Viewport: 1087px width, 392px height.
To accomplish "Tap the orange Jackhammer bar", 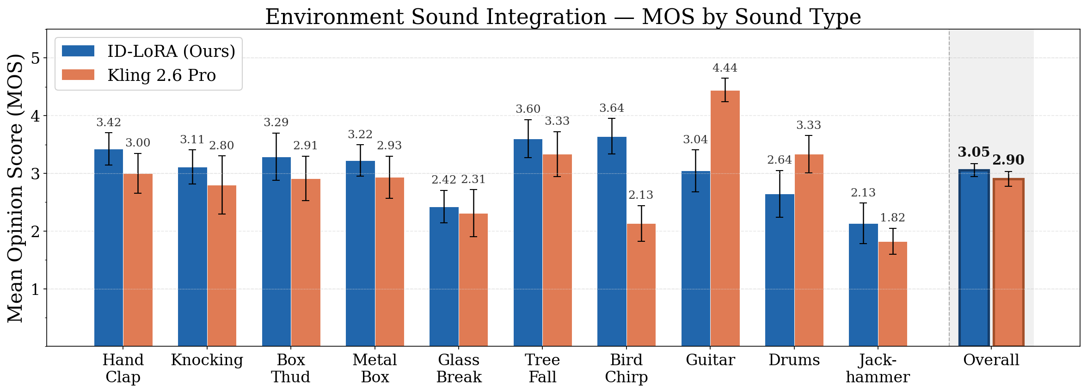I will (x=892, y=294).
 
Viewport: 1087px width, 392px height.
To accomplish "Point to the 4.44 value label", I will (x=725, y=68).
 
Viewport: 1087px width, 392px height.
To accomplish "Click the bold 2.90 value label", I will (x=1008, y=160).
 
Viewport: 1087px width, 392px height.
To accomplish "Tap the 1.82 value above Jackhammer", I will (x=892, y=218).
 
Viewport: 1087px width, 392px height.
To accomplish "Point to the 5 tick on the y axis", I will (x=36, y=58).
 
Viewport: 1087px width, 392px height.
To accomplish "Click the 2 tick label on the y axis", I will (x=36, y=232).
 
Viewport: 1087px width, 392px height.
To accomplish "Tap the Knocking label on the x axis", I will (x=207, y=360).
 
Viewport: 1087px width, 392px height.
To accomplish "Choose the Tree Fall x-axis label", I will (x=542, y=368).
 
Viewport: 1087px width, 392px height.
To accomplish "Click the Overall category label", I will (x=991, y=360).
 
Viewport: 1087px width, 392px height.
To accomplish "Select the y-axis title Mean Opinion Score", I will (x=16, y=188).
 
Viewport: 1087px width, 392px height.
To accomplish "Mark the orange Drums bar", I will (x=809, y=250).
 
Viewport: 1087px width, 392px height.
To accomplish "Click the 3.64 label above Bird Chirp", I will (x=612, y=108).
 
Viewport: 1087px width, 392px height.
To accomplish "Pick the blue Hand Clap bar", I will (x=109, y=247).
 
